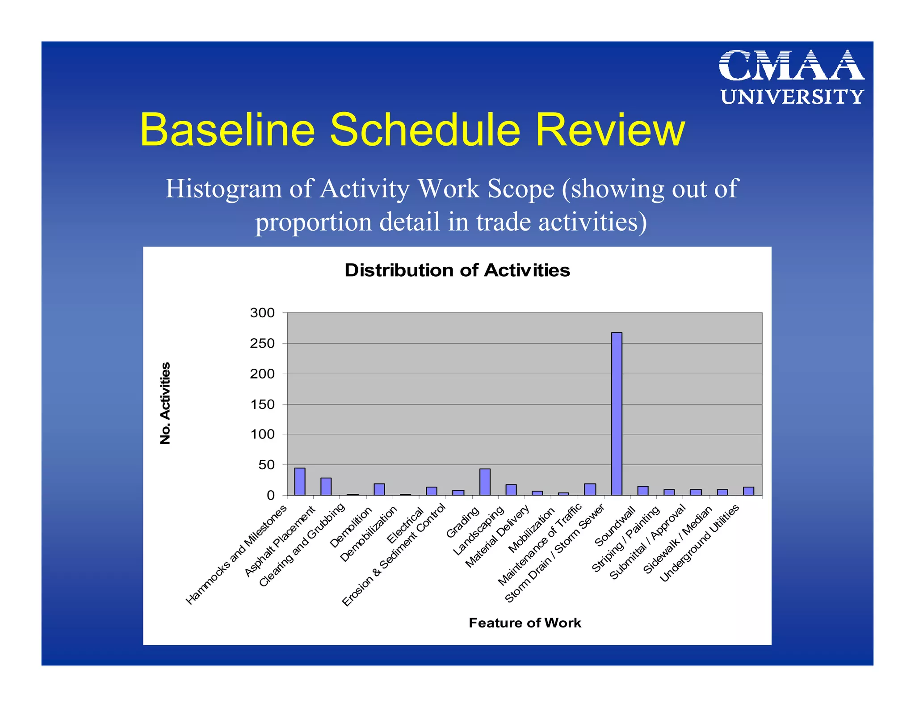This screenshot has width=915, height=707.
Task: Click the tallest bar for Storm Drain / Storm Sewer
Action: (x=617, y=413)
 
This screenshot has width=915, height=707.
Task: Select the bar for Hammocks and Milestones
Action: (x=300, y=481)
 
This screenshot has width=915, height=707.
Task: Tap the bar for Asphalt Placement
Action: (x=326, y=486)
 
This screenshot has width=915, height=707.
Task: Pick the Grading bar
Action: (x=485, y=482)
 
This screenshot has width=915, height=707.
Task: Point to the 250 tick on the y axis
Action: (x=262, y=343)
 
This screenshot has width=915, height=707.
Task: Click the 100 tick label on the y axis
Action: (x=262, y=434)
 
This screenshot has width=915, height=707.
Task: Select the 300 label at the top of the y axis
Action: (x=262, y=313)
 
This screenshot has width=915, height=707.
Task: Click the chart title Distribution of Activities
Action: (x=457, y=270)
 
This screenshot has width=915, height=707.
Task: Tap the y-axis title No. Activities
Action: (x=165, y=403)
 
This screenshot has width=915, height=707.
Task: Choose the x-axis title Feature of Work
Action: (x=525, y=623)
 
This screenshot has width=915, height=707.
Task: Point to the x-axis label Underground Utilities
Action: (x=700, y=543)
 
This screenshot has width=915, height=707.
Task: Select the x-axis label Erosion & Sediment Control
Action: (x=394, y=555)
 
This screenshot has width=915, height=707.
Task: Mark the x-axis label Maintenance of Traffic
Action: (x=540, y=544)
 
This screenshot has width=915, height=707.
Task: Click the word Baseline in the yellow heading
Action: (x=227, y=130)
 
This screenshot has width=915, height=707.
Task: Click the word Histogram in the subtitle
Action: (x=223, y=189)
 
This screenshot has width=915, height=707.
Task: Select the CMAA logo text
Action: (x=791, y=66)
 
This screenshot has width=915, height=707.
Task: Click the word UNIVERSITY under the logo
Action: (x=792, y=97)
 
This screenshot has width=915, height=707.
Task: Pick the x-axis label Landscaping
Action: (x=478, y=530)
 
